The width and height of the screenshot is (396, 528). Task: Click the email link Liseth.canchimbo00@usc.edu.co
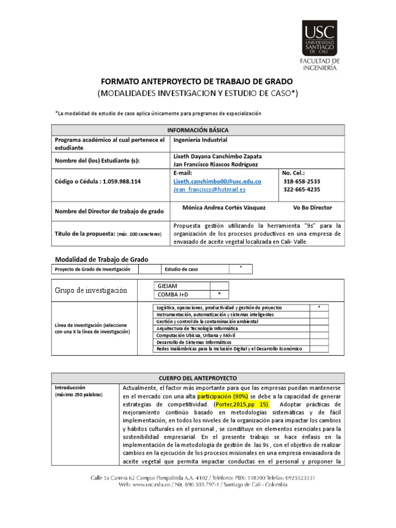click(x=217, y=181)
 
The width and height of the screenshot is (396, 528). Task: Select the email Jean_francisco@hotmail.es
click(x=209, y=189)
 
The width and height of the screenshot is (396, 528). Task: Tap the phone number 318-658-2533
click(x=302, y=181)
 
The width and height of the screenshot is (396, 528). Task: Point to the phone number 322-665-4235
click(x=302, y=189)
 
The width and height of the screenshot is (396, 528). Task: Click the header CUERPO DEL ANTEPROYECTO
click(x=197, y=378)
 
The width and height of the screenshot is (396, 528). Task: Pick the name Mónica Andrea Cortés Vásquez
click(x=224, y=207)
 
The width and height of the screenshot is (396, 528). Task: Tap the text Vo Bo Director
click(x=312, y=207)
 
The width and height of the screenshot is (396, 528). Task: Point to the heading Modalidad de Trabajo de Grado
click(x=102, y=259)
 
